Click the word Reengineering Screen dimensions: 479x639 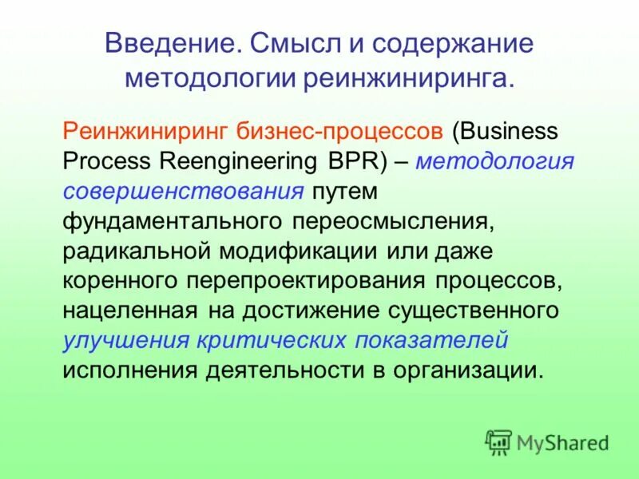(x=250, y=160)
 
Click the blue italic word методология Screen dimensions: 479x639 (x=494, y=160)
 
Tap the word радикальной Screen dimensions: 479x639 (x=140, y=251)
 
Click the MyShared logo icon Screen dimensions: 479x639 (x=498, y=441)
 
